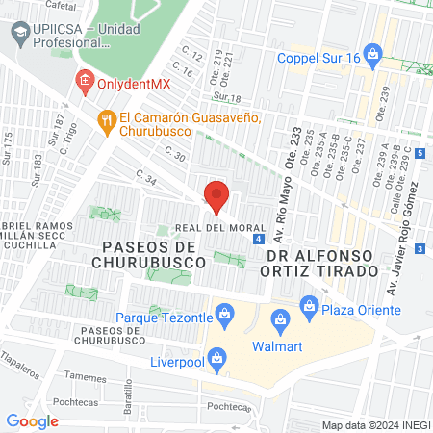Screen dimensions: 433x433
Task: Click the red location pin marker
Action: (x=216, y=195)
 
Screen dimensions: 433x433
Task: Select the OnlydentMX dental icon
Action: (x=84, y=83)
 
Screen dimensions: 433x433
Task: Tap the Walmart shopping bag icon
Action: (x=279, y=318)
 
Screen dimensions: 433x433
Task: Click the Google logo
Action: (x=32, y=420)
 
